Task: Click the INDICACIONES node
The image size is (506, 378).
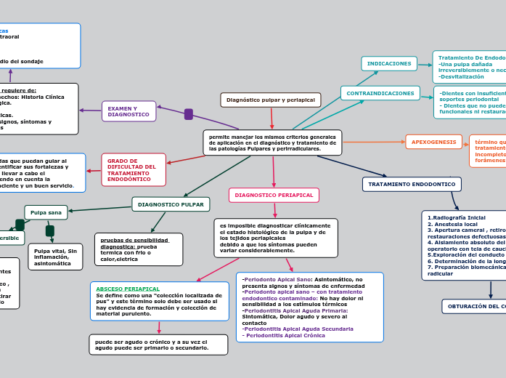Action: [389, 64]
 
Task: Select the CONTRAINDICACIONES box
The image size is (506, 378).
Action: [380, 93]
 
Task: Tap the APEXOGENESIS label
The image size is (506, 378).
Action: [433, 142]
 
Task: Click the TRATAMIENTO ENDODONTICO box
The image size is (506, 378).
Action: [411, 185]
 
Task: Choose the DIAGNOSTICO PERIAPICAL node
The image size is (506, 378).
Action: [274, 195]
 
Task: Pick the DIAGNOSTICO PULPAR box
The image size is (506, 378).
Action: [171, 204]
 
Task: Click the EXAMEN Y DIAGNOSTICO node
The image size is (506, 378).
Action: [128, 111]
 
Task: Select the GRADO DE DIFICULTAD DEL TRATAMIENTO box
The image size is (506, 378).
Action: [134, 169]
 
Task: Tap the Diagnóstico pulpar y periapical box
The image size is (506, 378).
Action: [270, 100]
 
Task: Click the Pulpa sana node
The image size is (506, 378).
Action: [46, 212]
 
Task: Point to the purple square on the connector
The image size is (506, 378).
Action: [189, 114]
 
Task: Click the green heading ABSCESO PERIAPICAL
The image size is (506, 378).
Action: [128, 289]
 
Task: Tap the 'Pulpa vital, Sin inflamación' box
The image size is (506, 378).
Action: [55, 257]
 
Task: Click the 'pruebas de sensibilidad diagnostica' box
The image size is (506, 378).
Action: [138, 249]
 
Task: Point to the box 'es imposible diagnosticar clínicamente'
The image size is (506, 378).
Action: [275, 238]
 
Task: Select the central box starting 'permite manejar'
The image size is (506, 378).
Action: [272, 142]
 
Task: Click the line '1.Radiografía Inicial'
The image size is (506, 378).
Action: [457, 217]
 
